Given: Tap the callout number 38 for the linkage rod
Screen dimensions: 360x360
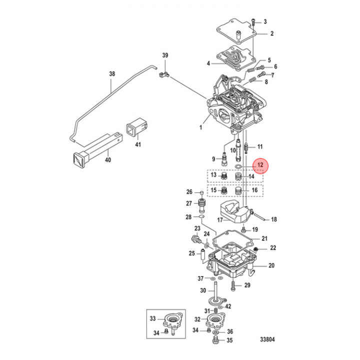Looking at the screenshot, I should [111, 74].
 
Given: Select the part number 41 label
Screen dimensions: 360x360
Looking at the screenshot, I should [138, 145].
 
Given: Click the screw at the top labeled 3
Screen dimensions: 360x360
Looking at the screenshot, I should [255, 21].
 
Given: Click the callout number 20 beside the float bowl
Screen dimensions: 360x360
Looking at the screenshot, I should [271, 265].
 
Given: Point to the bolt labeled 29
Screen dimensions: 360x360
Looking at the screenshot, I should [233, 285].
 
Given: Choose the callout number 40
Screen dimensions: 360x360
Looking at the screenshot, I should [107, 160].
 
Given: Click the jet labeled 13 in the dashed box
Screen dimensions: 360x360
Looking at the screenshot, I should [223, 175].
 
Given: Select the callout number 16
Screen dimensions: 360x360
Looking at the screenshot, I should [254, 190].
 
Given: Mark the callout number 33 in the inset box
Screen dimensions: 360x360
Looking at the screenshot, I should [153, 318].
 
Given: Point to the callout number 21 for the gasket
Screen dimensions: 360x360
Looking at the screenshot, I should [264, 238].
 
